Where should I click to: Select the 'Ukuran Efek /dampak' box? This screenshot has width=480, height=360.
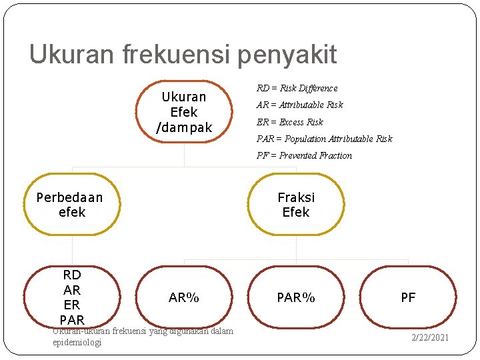184,112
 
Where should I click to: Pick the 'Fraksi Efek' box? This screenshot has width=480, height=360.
296,205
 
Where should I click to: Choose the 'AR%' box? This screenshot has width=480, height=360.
184,297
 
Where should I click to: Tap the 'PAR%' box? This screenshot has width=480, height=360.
296,297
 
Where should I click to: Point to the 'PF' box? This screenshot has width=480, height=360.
408,297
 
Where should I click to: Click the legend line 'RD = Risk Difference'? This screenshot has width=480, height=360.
297,88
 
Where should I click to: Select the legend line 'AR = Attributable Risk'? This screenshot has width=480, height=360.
300,105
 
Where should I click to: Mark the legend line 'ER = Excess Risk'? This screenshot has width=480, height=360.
290,122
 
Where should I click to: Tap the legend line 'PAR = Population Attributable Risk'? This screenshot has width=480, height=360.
325,139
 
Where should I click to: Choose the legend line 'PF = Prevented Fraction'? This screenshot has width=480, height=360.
305,155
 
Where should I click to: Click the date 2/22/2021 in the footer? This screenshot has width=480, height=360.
429,337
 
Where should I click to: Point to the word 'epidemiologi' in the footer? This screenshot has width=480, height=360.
77,342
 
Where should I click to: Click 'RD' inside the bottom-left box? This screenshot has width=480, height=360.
72,275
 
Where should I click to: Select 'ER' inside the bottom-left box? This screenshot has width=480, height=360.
72,305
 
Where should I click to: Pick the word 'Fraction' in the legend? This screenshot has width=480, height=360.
335,155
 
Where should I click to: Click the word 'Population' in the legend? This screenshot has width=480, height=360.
305,139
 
